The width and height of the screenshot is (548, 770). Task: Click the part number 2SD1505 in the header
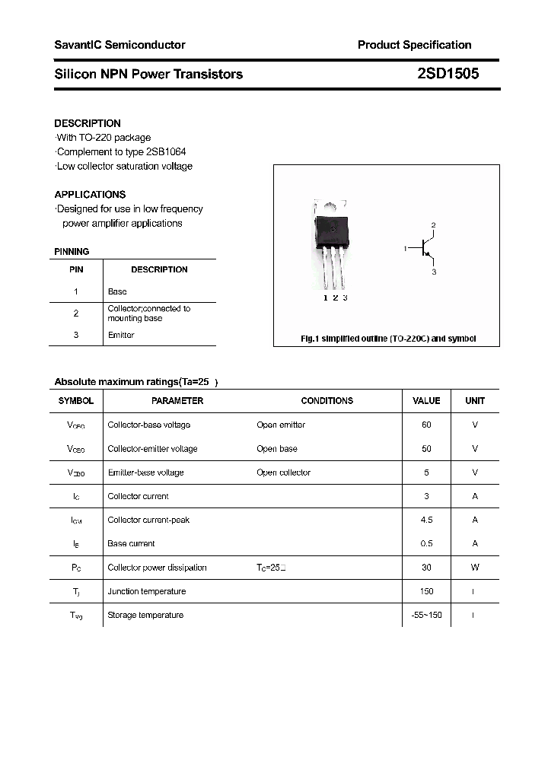click(448, 74)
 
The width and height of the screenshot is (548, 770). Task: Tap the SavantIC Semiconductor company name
click(119, 45)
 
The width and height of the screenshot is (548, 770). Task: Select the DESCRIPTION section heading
click(88, 123)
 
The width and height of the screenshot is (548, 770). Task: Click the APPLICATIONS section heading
click(90, 195)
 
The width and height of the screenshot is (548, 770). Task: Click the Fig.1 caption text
click(388, 339)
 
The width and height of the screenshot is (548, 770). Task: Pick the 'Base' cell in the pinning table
click(117, 291)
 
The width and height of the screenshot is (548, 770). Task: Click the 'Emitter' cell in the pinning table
click(121, 335)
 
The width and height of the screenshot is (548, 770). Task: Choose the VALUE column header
click(426, 401)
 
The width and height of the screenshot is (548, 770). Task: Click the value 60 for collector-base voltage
click(426, 425)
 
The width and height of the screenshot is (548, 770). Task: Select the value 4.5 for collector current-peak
click(426, 520)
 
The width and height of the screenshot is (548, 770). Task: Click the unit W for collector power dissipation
click(475, 568)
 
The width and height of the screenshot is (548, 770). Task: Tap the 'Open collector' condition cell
click(284, 473)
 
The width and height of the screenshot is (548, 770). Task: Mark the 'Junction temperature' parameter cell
click(146, 591)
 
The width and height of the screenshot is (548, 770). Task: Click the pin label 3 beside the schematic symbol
click(434, 272)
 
